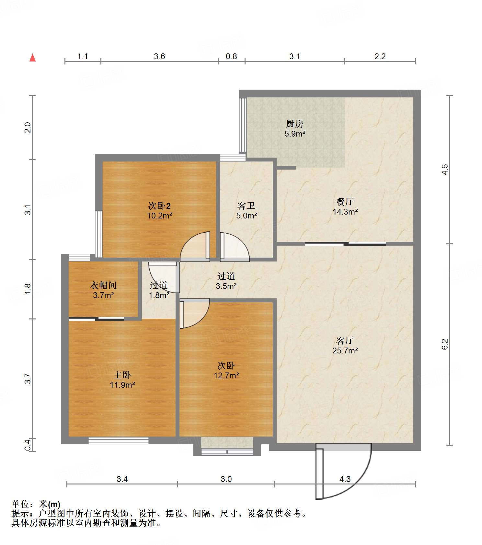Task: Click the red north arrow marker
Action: pyautogui.click(x=32, y=58)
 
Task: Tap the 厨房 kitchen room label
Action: pyautogui.click(x=294, y=124)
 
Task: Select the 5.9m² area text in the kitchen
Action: pyautogui.click(x=295, y=133)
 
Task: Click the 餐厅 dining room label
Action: pyautogui.click(x=345, y=202)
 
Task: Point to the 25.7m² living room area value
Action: pyautogui.click(x=345, y=350)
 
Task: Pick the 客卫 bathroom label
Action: pyautogui.click(x=246, y=206)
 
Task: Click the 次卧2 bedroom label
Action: pyautogui.click(x=159, y=206)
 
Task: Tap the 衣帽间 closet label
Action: pyautogui.click(x=103, y=285)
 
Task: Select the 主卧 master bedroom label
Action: pyautogui.click(x=122, y=375)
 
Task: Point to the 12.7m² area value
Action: pyautogui.click(x=226, y=375)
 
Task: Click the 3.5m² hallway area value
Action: pyautogui.click(x=226, y=286)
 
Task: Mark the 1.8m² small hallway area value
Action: pyautogui.click(x=159, y=295)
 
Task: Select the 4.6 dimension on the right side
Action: pyautogui.click(x=445, y=170)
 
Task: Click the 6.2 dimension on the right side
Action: pyautogui.click(x=445, y=344)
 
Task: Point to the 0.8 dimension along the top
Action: pyautogui.click(x=231, y=56)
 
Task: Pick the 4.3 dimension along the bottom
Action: pyautogui.click(x=345, y=479)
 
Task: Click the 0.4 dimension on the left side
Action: pyautogui.click(x=28, y=445)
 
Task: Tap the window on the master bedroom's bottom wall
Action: pyautogui.click(x=119, y=440)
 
